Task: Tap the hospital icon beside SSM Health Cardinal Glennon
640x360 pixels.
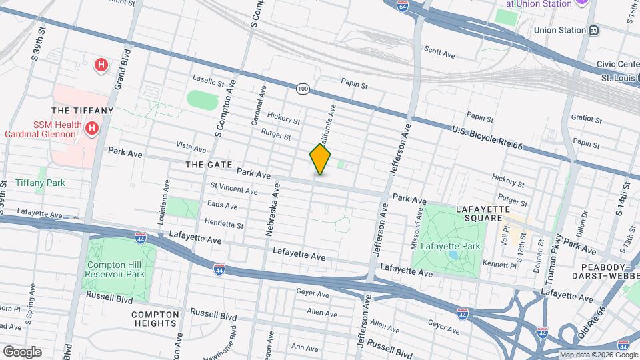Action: click(x=91, y=127)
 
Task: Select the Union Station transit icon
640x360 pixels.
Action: click(x=593, y=30)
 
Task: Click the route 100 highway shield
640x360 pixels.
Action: click(x=303, y=88)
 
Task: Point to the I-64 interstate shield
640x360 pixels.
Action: click(x=402, y=6)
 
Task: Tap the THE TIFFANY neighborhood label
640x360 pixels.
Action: click(x=83, y=111)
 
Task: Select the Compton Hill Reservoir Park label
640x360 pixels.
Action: click(x=115, y=269)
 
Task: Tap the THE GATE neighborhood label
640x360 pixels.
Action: click(x=208, y=165)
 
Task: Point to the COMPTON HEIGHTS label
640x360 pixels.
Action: click(x=155, y=319)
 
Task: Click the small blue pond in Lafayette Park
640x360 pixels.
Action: click(x=453, y=254)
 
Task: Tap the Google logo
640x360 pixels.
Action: click(x=22, y=351)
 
